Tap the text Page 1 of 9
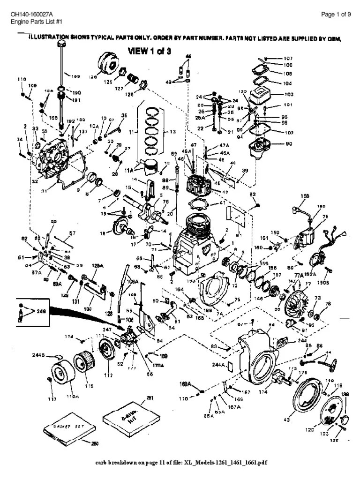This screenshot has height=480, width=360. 336,15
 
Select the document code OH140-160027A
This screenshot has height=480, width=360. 30,15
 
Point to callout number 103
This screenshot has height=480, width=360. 288,94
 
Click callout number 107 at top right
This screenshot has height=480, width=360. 288,59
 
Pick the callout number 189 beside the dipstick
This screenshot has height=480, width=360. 75,75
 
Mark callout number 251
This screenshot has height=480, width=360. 150,398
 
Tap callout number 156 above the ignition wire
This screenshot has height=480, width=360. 305,196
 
